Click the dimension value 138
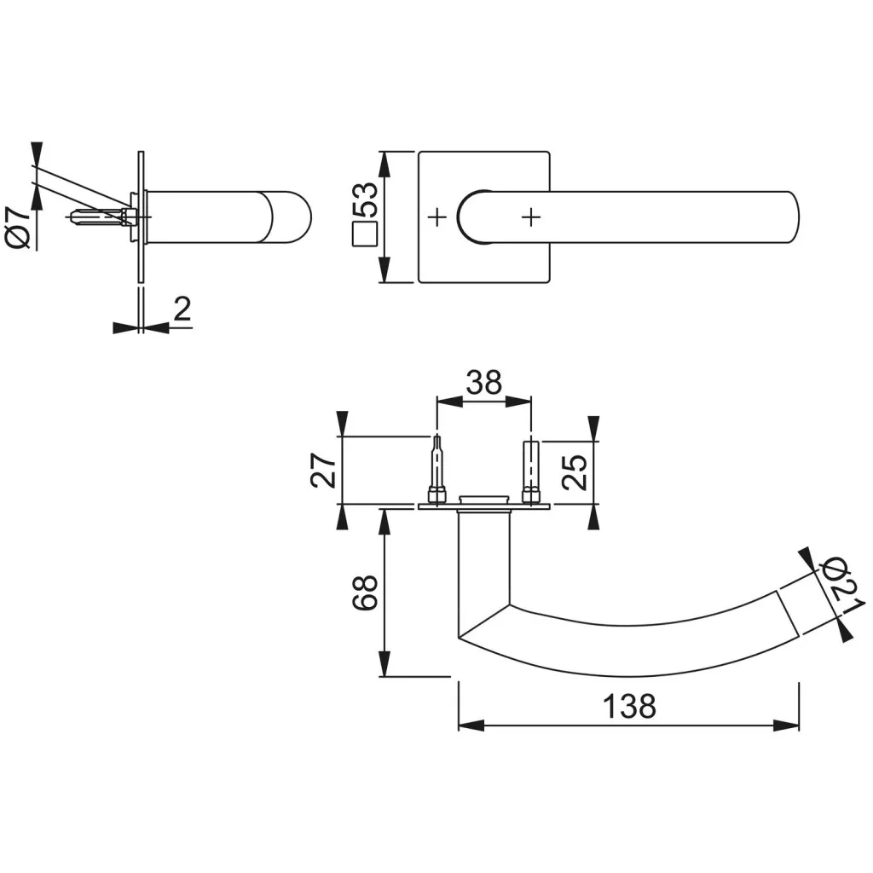coord(629,706)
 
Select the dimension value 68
coord(365,591)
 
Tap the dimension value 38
coord(483,383)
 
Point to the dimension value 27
coord(322,470)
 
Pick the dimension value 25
coord(576,471)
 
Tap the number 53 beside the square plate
coord(365,201)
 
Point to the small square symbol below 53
coord(365,234)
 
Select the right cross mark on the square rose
coord(531,217)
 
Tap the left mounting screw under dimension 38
coord(436,471)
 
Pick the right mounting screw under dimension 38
coord(531,471)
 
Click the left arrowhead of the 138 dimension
coord(470,726)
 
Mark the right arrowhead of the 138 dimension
coord(787,726)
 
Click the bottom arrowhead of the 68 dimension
coord(385,664)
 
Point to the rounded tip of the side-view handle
coord(301,217)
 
